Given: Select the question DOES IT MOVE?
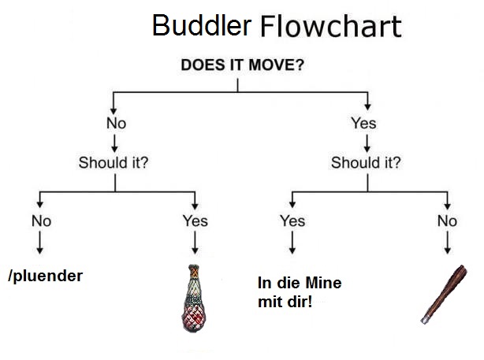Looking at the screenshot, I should click(x=242, y=65).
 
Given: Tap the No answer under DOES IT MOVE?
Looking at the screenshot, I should click(x=116, y=123).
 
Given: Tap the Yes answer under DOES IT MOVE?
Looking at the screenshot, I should click(x=363, y=123).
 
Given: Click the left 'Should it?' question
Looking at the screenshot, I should click(x=114, y=163).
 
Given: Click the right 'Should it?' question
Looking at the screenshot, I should click(x=366, y=163).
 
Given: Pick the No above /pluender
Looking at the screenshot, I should click(x=41, y=221).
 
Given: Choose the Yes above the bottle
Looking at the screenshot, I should click(x=195, y=221).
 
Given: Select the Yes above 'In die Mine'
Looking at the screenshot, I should click(x=292, y=221).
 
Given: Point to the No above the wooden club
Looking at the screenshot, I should click(x=447, y=221).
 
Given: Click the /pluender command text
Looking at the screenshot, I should click(x=45, y=276).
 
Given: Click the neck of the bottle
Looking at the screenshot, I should click(x=194, y=273).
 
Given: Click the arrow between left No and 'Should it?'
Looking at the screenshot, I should click(x=116, y=143).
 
